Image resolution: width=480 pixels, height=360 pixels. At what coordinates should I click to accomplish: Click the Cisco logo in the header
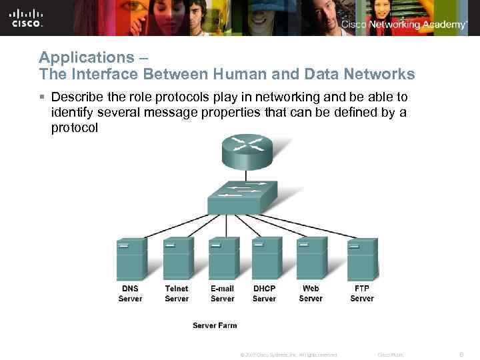pos(27,18)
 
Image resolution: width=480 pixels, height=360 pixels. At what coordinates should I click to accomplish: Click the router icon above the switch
pos(247,152)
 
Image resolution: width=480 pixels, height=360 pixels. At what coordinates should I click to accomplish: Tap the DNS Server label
pos(131,293)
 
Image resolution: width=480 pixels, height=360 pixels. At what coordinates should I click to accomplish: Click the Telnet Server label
pos(177,293)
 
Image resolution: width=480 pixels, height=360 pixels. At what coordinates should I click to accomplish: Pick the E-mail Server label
pos(223,293)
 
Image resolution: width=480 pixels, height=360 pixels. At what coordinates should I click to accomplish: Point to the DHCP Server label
pos(264,293)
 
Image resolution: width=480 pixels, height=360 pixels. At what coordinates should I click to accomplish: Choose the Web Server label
pos(311,293)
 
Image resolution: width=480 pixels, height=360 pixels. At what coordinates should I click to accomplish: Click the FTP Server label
pos(362,293)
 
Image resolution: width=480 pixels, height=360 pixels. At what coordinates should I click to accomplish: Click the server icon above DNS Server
pos(132,259)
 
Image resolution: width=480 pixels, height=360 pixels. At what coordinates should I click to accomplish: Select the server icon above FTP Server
pos(363,259)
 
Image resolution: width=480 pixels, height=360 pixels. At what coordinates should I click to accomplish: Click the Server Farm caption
pos(215,325)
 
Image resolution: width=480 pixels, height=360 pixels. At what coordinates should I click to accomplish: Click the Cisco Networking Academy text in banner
pos(404,25)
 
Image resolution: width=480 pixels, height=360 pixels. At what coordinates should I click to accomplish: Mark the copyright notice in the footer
pos(288,355)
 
